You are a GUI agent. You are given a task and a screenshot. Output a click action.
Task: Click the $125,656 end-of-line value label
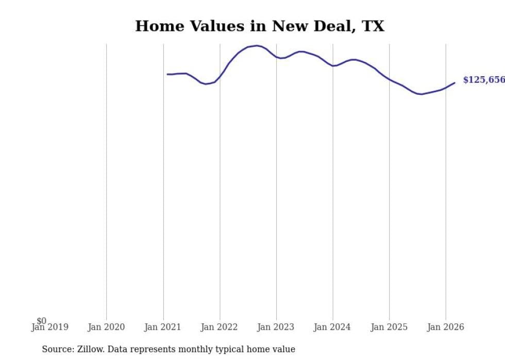tap(483, 80)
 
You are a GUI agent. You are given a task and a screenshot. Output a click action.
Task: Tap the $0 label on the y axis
tap(41, 321)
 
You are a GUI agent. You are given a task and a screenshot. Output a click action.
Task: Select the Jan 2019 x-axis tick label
tap(49, 327)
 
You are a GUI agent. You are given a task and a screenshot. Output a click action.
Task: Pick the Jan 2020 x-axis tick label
tap(106, 327)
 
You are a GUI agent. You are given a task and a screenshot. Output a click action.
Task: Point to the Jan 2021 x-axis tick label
tap(163, 327)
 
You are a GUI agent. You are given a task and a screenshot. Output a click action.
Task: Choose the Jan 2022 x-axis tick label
tap(220, 327)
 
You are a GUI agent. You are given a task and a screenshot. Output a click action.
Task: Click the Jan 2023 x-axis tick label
tap(276, 327)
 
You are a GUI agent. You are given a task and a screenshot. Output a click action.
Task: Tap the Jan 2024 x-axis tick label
tap(332, 327)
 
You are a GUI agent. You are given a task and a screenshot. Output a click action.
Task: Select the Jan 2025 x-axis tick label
tap(389, 327)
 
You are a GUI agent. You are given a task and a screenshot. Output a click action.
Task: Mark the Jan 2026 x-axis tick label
tap(446, 327)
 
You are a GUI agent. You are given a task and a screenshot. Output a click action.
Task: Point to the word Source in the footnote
tap(57, 349)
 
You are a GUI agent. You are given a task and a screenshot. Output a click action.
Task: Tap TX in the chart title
tap(373, 26)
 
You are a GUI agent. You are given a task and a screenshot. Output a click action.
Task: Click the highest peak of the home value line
tap(257, 45)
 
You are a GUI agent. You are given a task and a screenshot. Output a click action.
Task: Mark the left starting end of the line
tap(167, 74)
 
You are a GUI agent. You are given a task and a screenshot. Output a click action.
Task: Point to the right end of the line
tap(454, 82)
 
